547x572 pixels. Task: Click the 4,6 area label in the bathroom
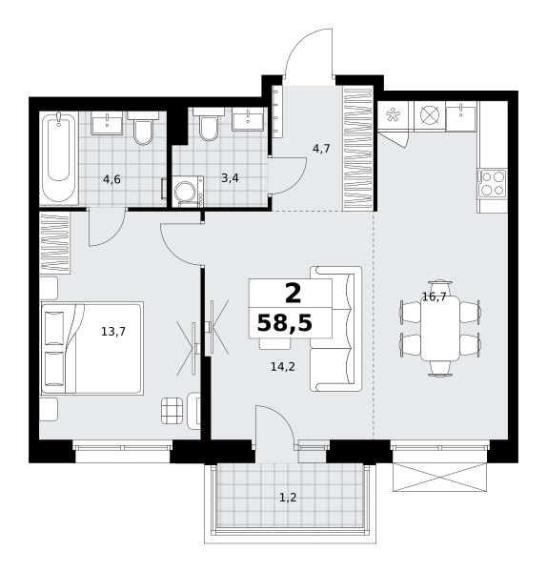(x=111, y=179)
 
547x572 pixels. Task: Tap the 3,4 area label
(x=230, y=178)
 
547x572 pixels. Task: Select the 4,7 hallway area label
(x=321, y=149)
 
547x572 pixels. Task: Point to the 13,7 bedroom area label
(x=113, y=332)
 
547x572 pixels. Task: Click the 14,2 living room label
(x=283, y=367)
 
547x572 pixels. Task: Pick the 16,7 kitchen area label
(x=434, y=296)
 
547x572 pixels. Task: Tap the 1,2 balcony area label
(x=288, y=498)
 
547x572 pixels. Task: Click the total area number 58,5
(x=284, y=323)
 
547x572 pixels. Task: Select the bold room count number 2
(x=293, y=294)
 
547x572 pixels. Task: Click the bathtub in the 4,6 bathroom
(x=59, y=157)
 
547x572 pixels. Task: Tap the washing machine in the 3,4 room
(x=188, y=192)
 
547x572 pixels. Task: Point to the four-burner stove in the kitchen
(x=493, y=183)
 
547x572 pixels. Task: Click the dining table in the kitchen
(x=440, y=328)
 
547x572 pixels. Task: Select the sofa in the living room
(x=335, y=329)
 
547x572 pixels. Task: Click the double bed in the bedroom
(x=91, y=348)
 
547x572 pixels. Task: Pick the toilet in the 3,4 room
(x=209, y=125)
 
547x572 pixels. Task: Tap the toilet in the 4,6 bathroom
(x=143, y=129)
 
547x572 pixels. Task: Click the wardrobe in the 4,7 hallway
(x=357, y=149)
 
